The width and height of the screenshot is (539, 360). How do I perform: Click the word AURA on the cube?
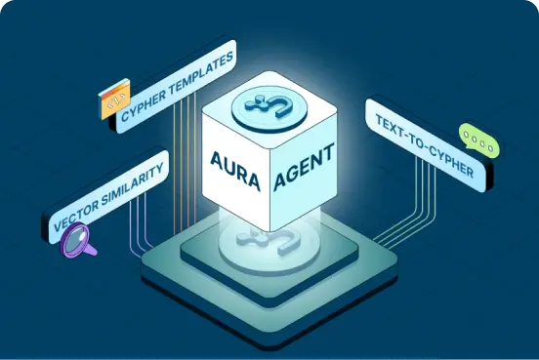pos(235,170)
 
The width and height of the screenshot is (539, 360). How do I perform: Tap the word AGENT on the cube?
pos(304,167)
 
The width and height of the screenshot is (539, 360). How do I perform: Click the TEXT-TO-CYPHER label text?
pos(425,146)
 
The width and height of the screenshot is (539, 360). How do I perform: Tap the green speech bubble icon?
pos(478,141)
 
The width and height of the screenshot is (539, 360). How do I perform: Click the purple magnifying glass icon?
pos(78,240)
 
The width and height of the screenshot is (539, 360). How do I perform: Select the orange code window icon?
pos(114,99)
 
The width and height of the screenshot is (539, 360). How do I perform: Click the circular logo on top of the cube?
pos(269,108)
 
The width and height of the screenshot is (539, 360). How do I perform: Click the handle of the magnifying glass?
pos(90,249)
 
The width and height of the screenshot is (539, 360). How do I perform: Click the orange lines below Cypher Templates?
pos(185,161)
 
